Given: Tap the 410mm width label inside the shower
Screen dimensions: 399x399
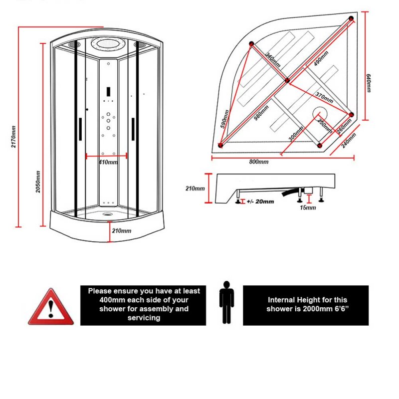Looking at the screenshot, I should click(108, 162).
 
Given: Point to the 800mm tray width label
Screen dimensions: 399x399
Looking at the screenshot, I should click(259, 162).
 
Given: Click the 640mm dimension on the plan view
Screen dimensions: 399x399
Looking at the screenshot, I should click(369, 83).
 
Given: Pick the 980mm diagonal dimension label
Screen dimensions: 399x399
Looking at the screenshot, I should click(261, 113).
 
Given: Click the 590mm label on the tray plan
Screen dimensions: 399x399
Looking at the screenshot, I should click(225, 120).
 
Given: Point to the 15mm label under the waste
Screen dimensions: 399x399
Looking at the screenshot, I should click(308, 207).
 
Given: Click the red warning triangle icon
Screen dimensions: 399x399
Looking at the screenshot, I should click(50, 308).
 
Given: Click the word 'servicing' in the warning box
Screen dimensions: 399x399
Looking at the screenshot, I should click(143, 317).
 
